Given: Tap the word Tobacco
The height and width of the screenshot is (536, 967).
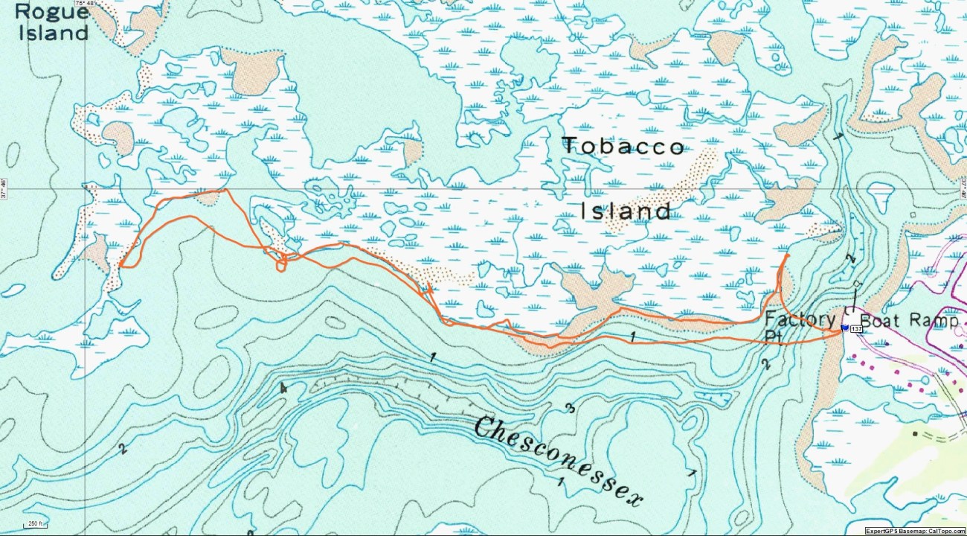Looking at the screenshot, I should (623, 146).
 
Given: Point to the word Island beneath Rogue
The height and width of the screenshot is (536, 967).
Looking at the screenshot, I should (49, 33).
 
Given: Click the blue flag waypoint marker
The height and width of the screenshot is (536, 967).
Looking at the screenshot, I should (844, 328).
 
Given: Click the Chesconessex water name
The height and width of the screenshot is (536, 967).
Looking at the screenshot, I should (557, 462).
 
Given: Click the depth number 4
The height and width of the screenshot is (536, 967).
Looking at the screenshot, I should (283, 388).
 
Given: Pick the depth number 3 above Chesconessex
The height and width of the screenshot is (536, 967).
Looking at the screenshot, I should (568, 408).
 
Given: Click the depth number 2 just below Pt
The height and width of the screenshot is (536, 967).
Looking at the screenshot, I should (765, 364).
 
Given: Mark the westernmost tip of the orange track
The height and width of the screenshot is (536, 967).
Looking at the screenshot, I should (119, 265).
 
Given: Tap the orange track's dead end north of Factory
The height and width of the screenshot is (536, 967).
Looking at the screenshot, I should (788, 255).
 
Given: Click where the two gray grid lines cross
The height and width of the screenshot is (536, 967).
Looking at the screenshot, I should (85, 189).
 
